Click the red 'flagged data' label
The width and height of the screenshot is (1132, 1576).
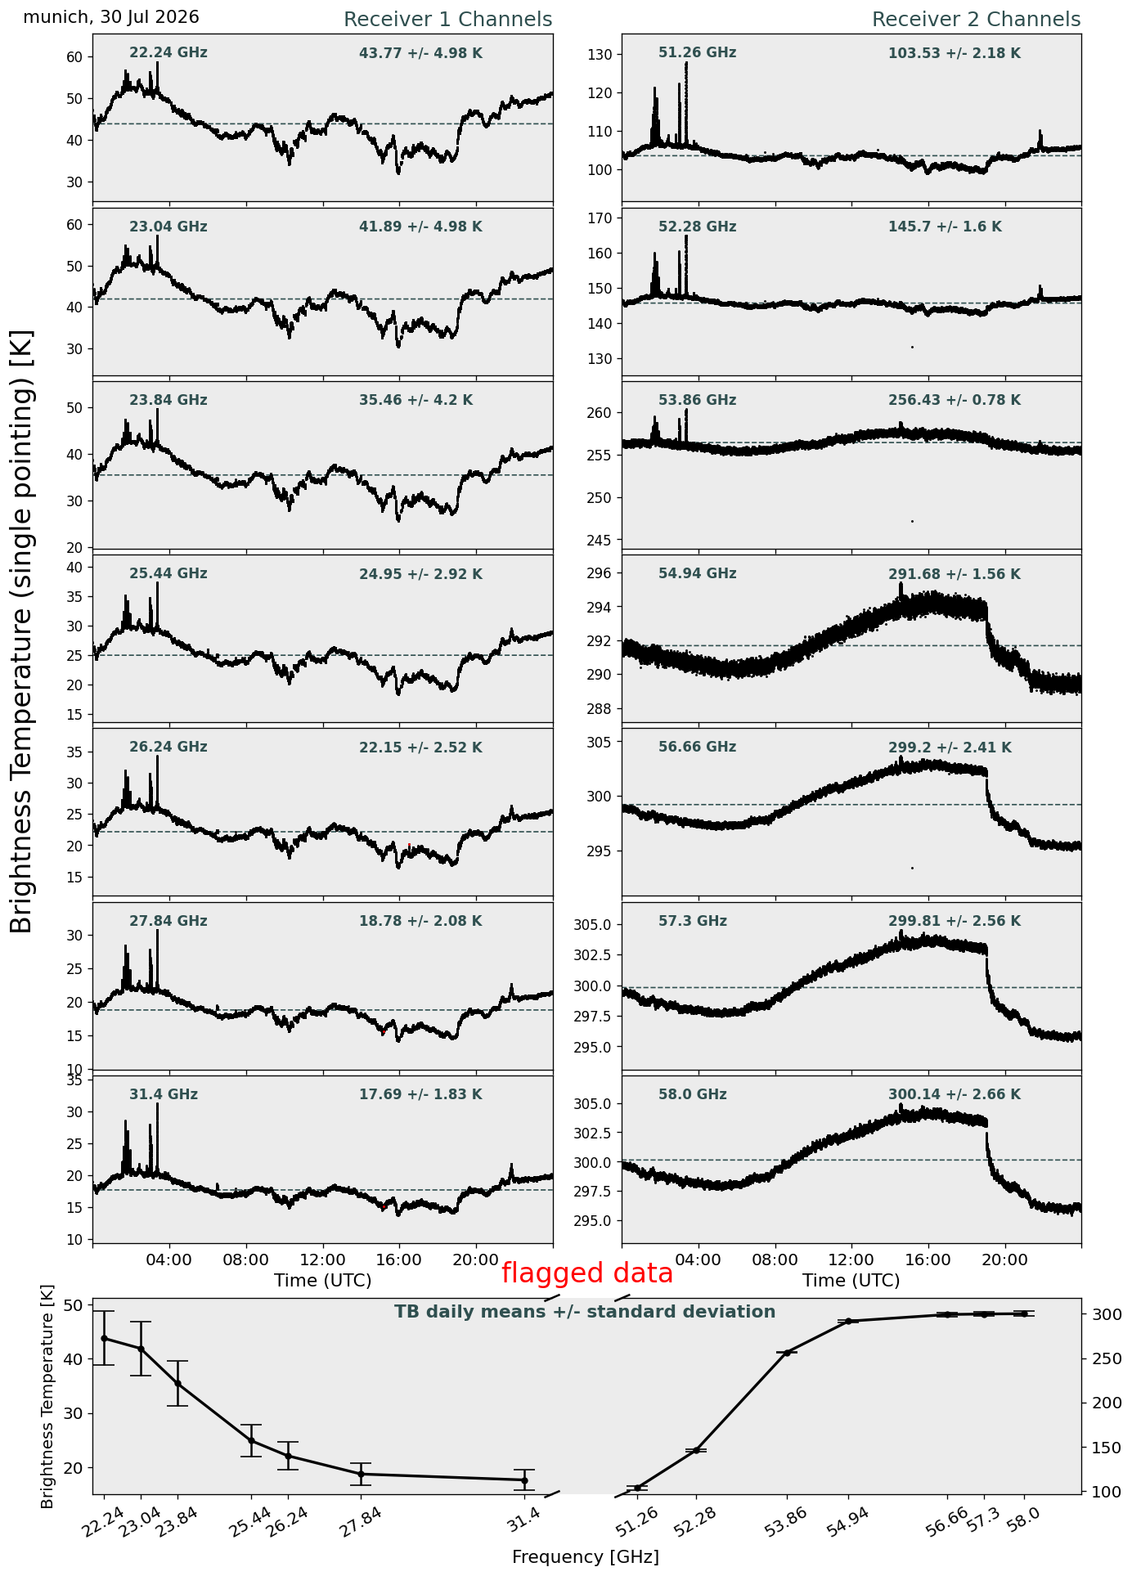pyautogui.click(x=587, y=1273)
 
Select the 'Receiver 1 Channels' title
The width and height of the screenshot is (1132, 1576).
pyautogui.click(x=447, y=20)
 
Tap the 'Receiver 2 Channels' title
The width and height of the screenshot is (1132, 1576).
pyautogui.click(x=977, y=20)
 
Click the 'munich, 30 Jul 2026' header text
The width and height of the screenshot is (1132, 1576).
pyautogui.click(x=111, y=17)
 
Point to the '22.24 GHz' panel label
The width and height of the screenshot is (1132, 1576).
pyautogui.click(x=168, y=53)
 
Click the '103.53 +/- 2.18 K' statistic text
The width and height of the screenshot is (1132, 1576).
pyautogui.click(x=955, y=54)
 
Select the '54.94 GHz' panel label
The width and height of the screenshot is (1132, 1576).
pyautogui.click(x=698, y=574)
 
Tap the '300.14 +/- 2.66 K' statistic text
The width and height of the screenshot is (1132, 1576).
pyautogui.click(x=955, y=1094)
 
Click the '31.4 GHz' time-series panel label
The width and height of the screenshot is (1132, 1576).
pyautogui.click(x=164, y=1094)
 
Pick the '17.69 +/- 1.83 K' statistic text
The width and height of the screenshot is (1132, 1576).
pyautogui.click(x=420, y=1094)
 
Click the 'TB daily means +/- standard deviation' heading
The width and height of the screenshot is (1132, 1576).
pyautogui.click(x=585, y=1313)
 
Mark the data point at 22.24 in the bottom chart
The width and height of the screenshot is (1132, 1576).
pyautogui.click(x=104, y=1338)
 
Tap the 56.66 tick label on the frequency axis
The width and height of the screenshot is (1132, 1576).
pyautogui.click(x=946, y=1523)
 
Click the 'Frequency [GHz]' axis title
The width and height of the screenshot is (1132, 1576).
pyautogui.click(x=586, y=1557)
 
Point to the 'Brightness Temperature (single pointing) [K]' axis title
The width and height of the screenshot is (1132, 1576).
pyautogui.click(x=22, y=631)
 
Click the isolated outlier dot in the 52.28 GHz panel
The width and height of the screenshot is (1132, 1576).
pyautogui.click(x=912, y=347)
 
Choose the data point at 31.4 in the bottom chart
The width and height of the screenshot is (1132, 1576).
pyautogui.click(x=524, y=1480)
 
